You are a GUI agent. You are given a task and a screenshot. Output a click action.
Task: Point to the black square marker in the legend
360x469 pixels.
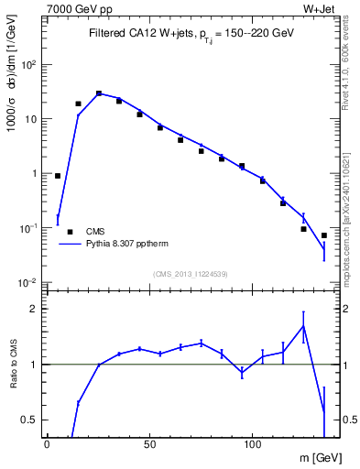(x=70, y=232)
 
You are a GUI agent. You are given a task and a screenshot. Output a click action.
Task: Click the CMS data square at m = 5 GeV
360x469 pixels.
(x=58, y=176)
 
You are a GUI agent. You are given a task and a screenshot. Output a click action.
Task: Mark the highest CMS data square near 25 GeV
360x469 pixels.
(x=99, y=93)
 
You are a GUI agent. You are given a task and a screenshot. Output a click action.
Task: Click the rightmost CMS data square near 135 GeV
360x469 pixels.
(x=324, y=235)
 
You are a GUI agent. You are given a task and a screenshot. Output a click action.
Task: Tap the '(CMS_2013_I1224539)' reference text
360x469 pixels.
(x=191, y=273)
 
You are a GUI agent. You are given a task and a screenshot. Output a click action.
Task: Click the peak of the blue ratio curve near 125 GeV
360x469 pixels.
(x=303, y=326)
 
